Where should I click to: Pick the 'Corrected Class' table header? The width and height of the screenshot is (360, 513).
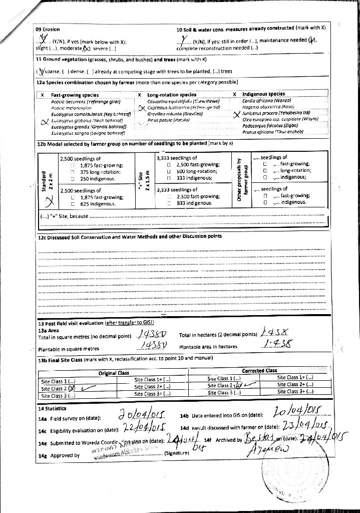(259, 371)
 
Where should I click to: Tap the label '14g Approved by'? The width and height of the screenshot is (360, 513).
(59, 455)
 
